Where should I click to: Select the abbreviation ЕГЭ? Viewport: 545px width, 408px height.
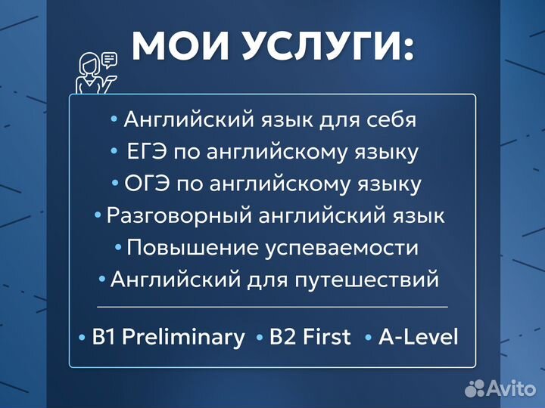(x=145, y=152)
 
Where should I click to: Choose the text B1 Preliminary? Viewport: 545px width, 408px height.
(x=168, y=337)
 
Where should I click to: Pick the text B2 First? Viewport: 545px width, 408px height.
(x=311, y=337)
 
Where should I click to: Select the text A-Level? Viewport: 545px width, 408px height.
(x=419, y=337)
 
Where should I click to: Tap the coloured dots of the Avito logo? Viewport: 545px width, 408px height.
(x=475, y=388)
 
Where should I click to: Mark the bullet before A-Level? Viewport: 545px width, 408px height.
(x=368, y=338)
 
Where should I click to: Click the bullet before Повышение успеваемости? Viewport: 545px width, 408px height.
(x=118, y=248)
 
